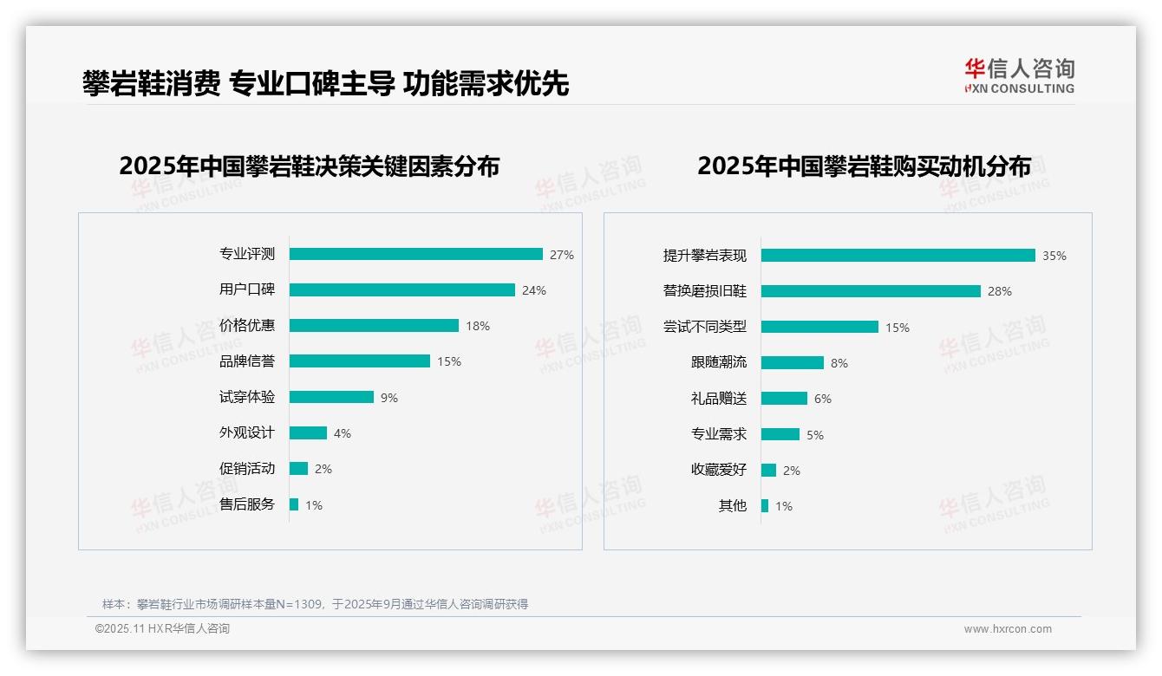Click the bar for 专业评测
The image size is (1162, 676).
pos(415,254)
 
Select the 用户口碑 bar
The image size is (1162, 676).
pos(401,290)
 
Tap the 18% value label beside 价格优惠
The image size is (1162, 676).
pos(478,326)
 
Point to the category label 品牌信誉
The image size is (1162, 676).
pos(247,361)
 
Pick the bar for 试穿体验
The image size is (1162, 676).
pos(331,397)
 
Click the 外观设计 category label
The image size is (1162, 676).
pos(247,432)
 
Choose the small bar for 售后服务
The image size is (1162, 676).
pos(294,504)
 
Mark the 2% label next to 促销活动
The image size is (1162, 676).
pos(323,469)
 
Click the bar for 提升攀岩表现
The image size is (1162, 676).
pos(898,256)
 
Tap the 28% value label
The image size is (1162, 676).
pos(1000,291)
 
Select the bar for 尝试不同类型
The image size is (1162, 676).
pos(819,327)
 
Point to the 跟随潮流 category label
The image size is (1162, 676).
pos(719,363)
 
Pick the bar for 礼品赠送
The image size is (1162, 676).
pos(784,399)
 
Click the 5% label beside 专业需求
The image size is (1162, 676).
pos(815,435)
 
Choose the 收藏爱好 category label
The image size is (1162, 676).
pos(719,470)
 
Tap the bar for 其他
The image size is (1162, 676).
pos(765,505)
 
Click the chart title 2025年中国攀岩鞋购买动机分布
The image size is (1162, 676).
pos(864,166)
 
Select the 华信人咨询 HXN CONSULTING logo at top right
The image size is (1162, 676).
pos(1019,76)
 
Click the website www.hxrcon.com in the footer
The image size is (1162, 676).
pos(1008,629)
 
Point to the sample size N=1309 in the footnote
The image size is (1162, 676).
pos(297,604)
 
